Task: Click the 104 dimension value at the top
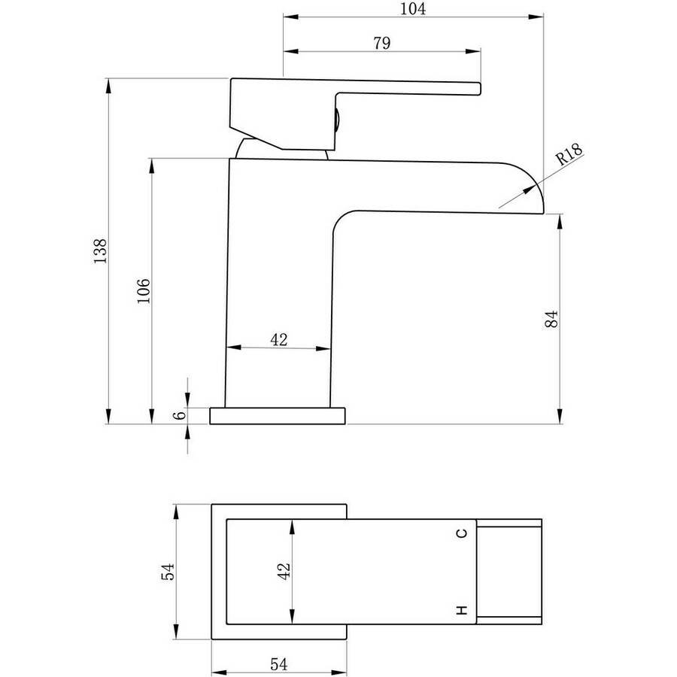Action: click(x=413, y=8)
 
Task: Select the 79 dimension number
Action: click(x=382, y=43)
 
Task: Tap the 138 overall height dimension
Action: click(x=100, y=250)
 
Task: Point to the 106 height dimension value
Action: click(x=144, y=290)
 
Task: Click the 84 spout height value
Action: click(x=551, y=319)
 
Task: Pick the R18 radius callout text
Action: click(x=569, y=154)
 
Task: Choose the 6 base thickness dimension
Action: click(x=179, y=415)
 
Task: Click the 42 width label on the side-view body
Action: click(x=279, y=340)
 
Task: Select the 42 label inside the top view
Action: click(x=284, y=571)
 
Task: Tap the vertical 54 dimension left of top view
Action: click(x=168, y=571)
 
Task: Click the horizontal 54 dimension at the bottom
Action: click(x=278, y=663)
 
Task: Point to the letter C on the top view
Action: click(x=462, y=533)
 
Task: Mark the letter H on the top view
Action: click(x=462, y=610)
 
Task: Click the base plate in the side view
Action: click(x=278, y=416)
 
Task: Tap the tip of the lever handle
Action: click(x=480, y=89)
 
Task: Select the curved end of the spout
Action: click(x=533, y=181)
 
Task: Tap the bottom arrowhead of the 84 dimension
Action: click(x=560, y=417)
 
